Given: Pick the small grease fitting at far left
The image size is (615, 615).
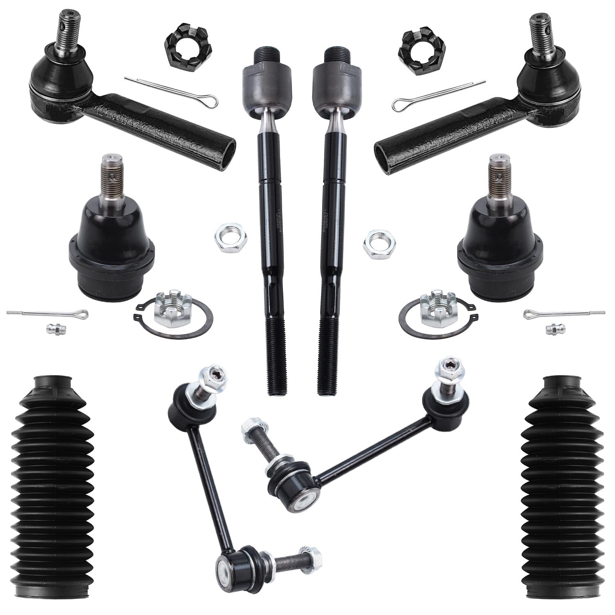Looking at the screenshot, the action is pos(51,328).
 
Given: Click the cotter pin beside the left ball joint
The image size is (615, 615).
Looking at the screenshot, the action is pos(47,314).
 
